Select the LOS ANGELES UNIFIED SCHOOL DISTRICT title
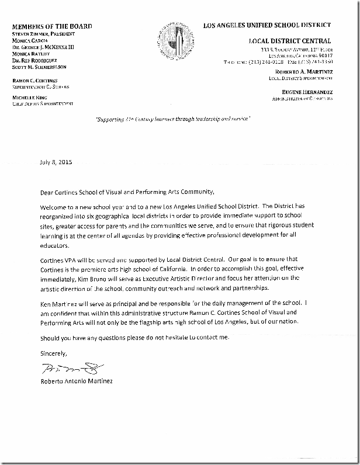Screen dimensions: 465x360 (266, 25)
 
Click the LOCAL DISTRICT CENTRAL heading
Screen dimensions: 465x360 (289, 41)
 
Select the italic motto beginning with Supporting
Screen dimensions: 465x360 (172, 119)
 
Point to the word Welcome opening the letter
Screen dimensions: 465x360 (54, 208)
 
